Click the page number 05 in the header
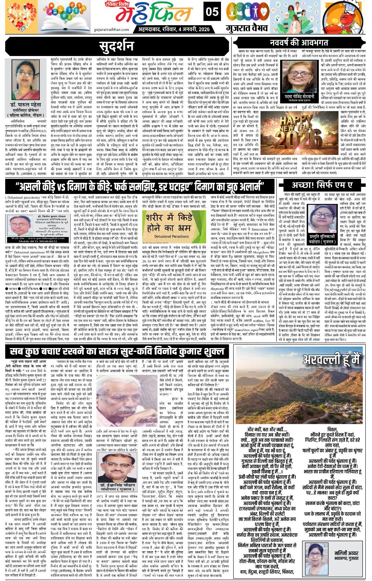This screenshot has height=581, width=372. click(x=212, y=13)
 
